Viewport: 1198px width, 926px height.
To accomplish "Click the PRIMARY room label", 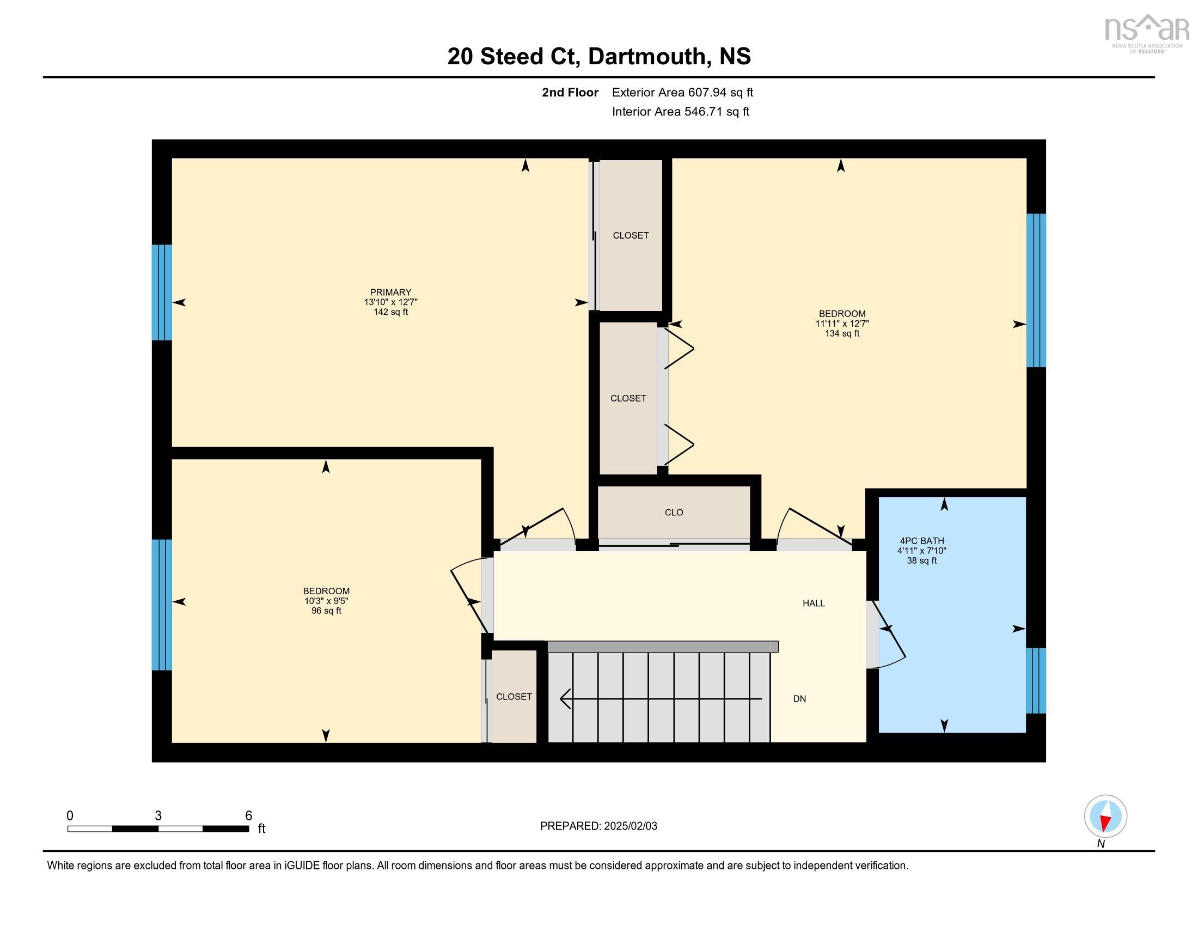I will point(390,293).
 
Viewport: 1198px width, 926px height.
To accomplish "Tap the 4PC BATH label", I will point(921,541).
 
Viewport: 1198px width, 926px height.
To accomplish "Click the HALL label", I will point(814,604).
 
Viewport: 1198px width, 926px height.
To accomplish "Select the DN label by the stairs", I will point(799,699).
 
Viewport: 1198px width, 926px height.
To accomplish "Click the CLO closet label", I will point(674,513).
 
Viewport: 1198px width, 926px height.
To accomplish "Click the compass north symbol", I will point(1105,817).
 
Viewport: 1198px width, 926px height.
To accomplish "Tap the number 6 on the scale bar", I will point(248,816).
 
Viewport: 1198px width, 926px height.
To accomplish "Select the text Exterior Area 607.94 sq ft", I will point(682,93).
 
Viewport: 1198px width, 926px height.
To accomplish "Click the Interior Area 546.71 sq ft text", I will point(680,112).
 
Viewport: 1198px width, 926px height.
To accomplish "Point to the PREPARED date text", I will point(598,826).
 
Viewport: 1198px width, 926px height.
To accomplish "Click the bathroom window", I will point(1036,680).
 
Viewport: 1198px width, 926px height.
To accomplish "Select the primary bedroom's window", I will point(162,293).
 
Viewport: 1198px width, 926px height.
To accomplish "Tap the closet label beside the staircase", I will point(514,697).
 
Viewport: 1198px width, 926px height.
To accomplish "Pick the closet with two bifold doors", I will point(628,398).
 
